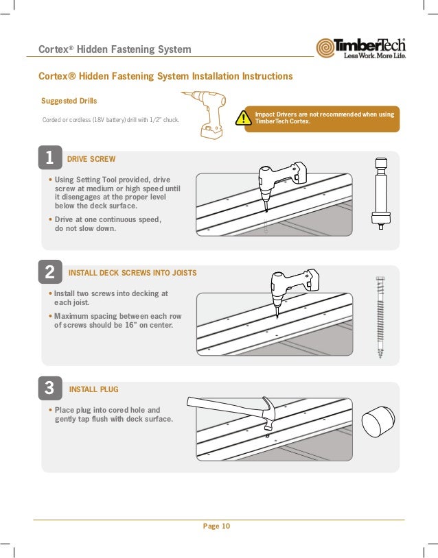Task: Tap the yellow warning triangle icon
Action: (242, 119)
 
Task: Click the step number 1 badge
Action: (49, 158)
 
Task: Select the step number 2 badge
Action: (49, 273)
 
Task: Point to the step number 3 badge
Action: (49, 389)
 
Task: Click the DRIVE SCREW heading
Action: (91, 159)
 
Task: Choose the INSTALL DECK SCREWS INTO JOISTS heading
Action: (132, 273)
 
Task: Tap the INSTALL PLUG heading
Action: (94, 389)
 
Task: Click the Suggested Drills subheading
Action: (69, 101)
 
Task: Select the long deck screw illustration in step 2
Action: (379, 317)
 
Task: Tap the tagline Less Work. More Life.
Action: (374, 56)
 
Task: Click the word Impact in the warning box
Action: (265, 114)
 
